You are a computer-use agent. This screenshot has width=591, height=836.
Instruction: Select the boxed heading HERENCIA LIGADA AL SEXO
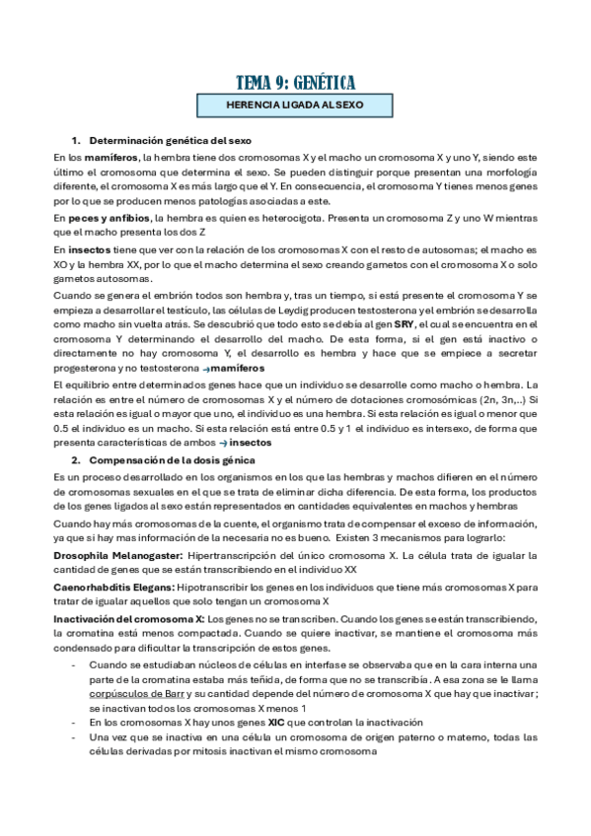[295, 104]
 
